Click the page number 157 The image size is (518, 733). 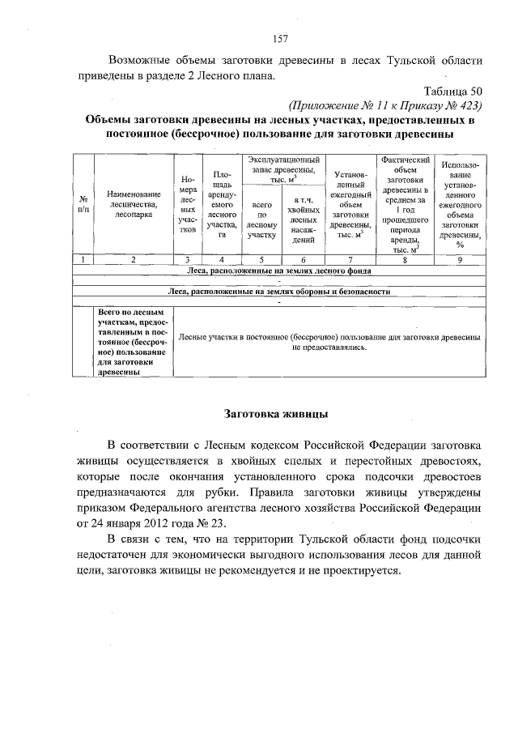(x=281, y=38)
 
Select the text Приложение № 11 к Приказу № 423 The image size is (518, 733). (x=385, y=105)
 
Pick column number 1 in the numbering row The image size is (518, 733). (x=83, y=259)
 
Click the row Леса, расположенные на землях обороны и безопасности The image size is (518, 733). (x=279, y=291)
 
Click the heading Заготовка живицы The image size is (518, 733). (x=275, y=415)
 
